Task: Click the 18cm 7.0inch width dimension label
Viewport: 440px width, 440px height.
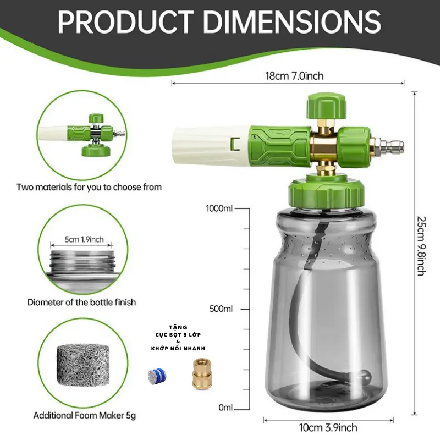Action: point(294,76)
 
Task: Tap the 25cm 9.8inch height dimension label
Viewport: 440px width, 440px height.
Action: point(421,246)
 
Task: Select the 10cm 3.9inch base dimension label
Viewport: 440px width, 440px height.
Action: point(328,427)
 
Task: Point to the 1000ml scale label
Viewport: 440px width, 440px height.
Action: point(219,208)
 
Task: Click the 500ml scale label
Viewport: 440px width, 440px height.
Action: point(221,309)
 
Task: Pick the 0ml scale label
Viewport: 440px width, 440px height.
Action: point(226,407)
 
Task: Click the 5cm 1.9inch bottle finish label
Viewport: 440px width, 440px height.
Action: point(84,239)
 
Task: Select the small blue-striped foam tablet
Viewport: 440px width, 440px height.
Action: point(157,377)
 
